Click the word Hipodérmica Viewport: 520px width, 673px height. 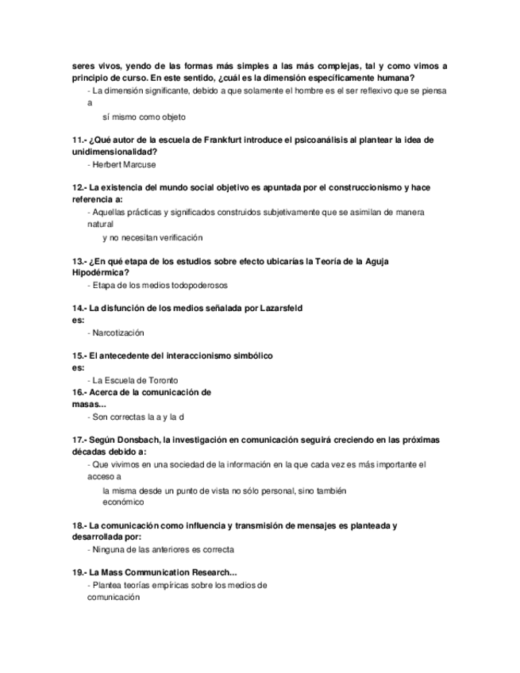pyautogui.click(x=101, y=272)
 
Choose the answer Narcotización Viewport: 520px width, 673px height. pyautogui.click(x=118, y=333)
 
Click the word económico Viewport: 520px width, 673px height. pyautogui.click(x=123, y=502)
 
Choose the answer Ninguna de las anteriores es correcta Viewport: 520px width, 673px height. pyautogui.click(x=164, y=549)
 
